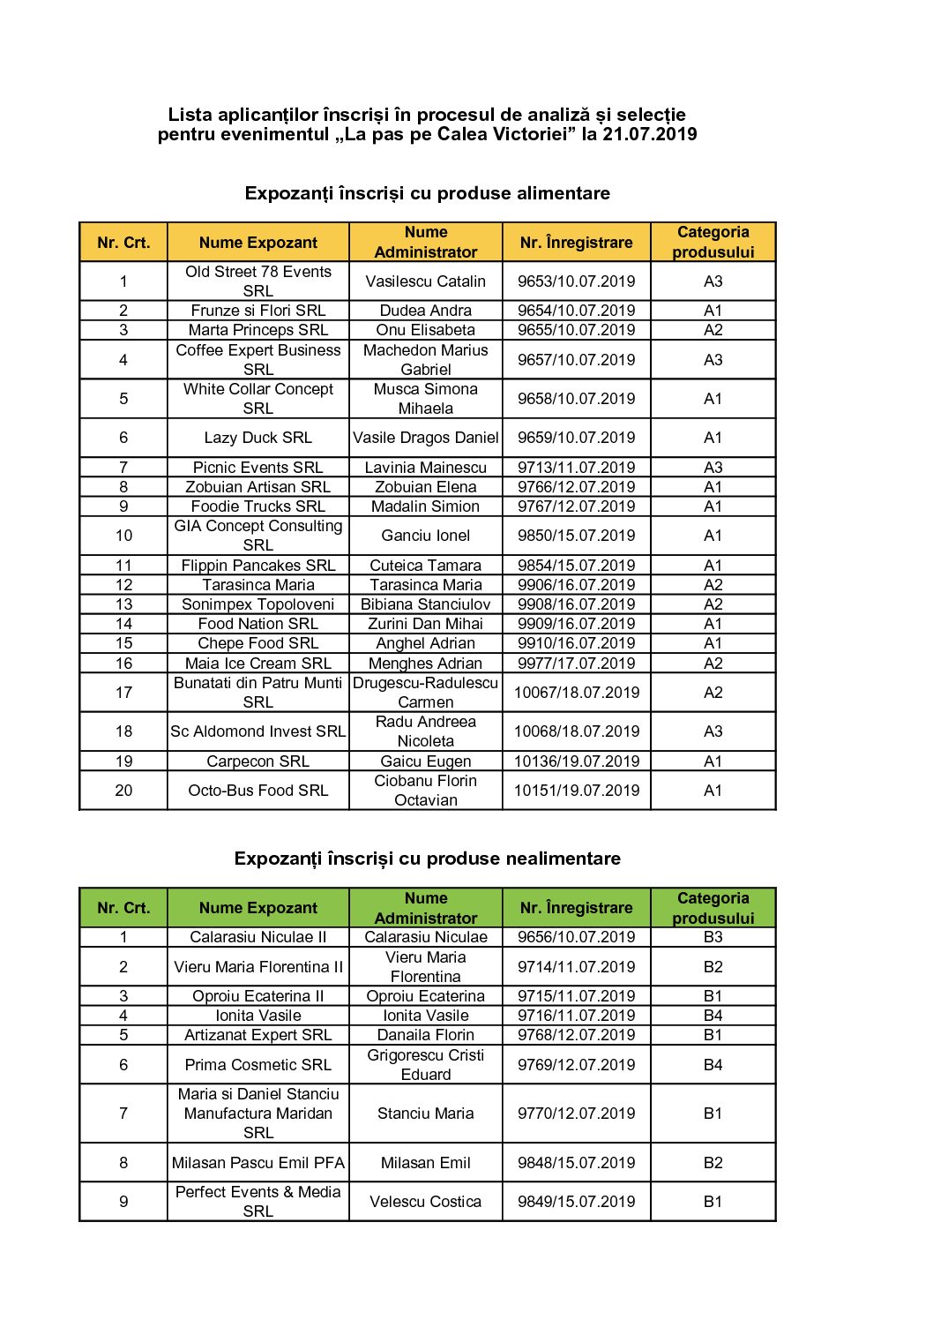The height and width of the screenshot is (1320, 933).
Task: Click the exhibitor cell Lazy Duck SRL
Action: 258,438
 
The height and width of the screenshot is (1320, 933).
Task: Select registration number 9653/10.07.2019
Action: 576,281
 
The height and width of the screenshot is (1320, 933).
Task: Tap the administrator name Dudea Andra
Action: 425,311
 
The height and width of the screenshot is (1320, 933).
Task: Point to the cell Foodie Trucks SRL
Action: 258,506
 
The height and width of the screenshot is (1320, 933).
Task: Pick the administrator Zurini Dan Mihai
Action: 425,624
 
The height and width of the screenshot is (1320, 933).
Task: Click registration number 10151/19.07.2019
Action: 576,791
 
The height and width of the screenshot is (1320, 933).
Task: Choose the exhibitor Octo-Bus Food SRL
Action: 258,791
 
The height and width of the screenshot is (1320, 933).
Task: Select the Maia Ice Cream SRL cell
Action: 258,664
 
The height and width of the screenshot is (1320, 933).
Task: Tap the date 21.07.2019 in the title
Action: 650,134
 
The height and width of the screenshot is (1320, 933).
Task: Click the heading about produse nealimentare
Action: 427,859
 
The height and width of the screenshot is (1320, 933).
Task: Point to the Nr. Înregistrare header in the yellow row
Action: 576,243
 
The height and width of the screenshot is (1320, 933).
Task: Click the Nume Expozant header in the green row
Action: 258,908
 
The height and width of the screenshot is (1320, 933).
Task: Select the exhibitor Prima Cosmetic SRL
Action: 258,1065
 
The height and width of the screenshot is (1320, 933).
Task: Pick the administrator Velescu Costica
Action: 425,1202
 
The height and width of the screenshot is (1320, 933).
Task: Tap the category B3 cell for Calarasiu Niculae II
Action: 713,937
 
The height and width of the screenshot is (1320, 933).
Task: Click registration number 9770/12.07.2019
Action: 576,1114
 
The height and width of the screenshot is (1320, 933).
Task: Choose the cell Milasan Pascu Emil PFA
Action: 258,1163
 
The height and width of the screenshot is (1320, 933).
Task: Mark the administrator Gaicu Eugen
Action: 425,761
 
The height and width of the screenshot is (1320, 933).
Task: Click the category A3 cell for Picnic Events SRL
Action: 713,468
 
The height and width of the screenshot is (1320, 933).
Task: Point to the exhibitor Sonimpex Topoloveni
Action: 258,604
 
